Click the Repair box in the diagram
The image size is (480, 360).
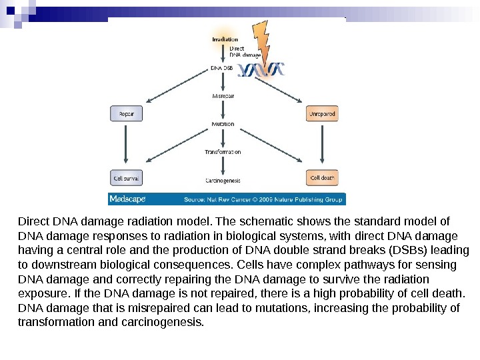click(x=126, y=114)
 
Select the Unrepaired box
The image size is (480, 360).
click(x=322, y=114)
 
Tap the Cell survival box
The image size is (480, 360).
click(x=126, y=178)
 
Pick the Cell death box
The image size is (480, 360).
click(x=322, y=178)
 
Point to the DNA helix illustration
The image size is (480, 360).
click(x=262, y=69)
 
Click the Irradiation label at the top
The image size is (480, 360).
click(x=225, y=39)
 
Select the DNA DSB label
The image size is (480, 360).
click(x=222, y=67)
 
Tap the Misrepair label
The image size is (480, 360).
click(x=223, y=97)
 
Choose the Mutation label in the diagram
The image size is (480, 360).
click(x=223, y=124)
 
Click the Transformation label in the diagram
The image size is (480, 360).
click(x=223, y=152)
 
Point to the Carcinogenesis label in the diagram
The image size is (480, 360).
click(x=223, y=180)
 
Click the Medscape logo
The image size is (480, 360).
click(x=124, y=199)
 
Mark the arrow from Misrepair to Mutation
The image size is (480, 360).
click(x=223, y=110)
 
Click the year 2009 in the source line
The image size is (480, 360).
click(x=268, y=199)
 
